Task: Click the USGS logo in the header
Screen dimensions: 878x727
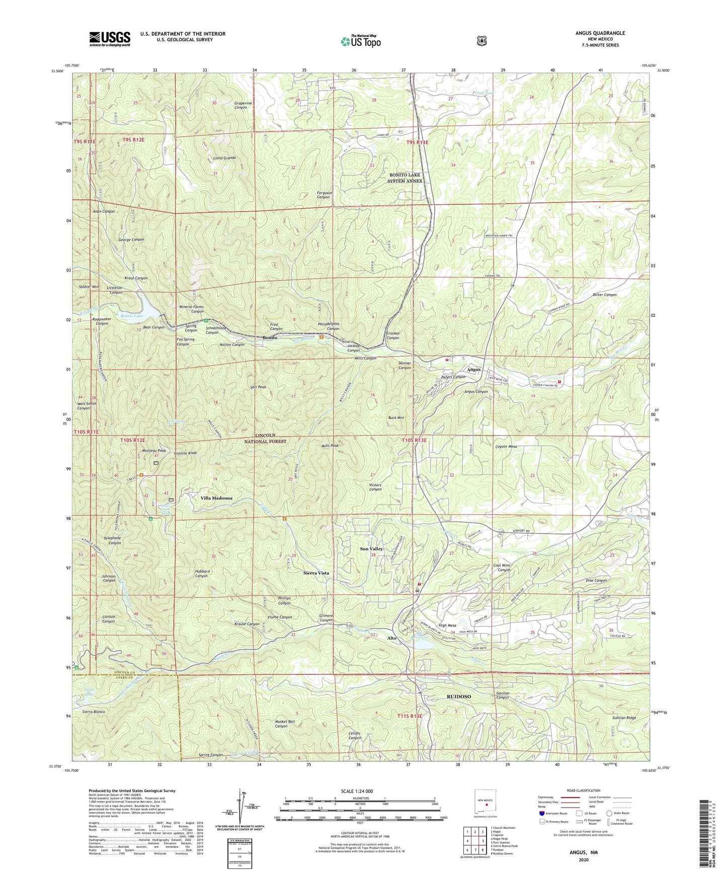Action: coord(110,38)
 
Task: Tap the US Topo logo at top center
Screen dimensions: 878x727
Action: coord(360,41)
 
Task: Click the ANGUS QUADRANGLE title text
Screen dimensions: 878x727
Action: coord(600,33)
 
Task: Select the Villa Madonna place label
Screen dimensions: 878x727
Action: coord(216,498)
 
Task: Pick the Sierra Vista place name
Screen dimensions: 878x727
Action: coord(316,573)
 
